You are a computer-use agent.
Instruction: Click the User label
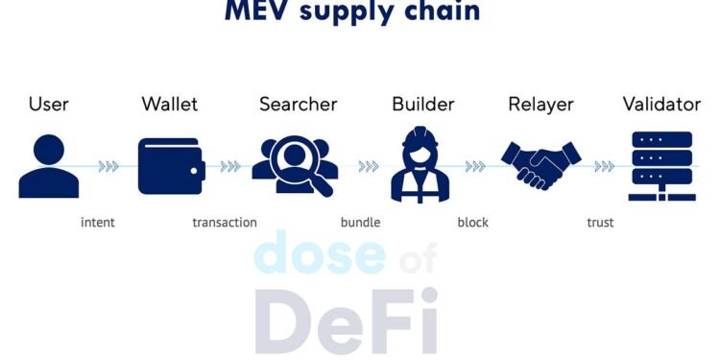49,104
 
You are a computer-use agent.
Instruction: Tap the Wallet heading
171,104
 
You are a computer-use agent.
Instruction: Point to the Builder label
423,104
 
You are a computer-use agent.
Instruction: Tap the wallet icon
171,166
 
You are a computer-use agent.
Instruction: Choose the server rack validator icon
660,165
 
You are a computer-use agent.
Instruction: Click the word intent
97,223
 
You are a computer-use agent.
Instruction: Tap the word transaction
225,223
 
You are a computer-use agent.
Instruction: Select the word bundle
360,223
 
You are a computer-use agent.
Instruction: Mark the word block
472,223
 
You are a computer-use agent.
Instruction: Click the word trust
600,223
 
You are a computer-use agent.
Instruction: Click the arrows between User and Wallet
109,166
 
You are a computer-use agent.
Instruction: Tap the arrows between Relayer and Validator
604,166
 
